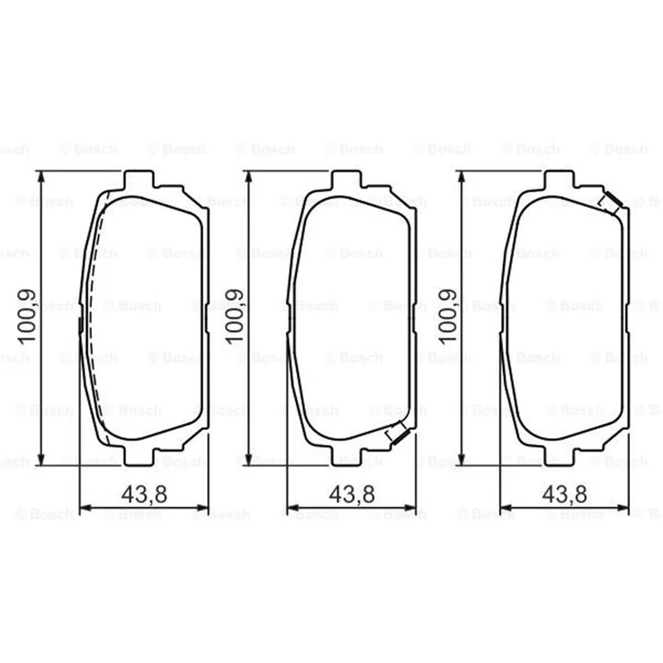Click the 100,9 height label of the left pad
click(26, 317)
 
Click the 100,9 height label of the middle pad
click(235, 317)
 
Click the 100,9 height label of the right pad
click(448, 317)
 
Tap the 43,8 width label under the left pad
click(144, 494)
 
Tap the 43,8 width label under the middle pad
click(351, 494)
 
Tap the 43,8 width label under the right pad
click(564, 494)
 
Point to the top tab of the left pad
click(139, 179)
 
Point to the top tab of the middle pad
click(346, 179)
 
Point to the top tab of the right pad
click(559, 179)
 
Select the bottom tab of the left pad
click(139, 456)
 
